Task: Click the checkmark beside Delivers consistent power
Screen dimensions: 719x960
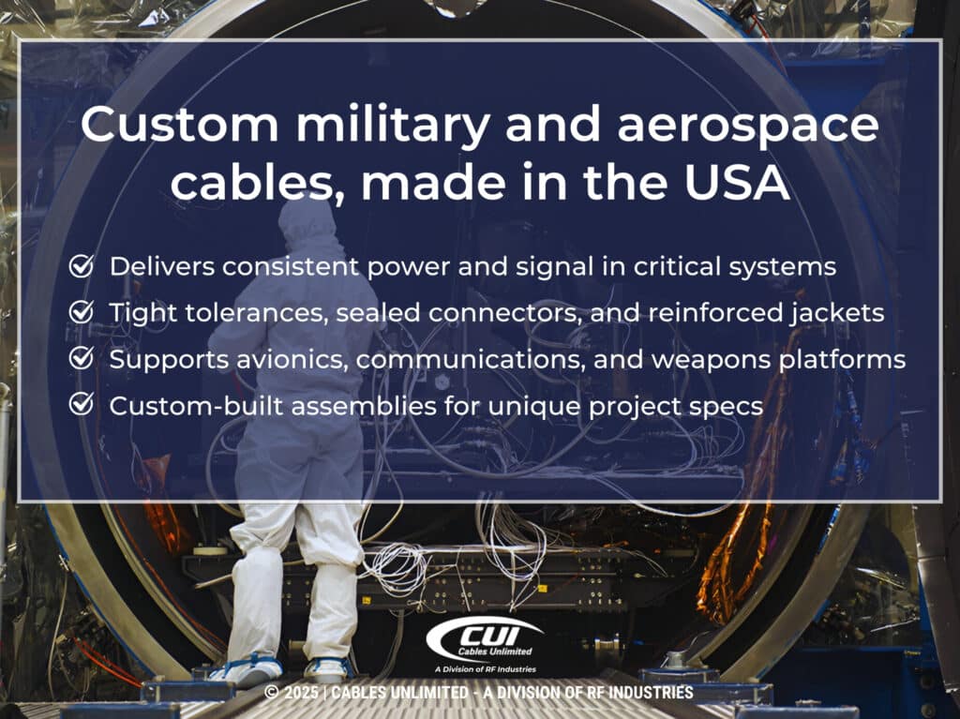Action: coord(82,266)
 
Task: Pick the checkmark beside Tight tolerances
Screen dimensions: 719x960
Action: coord(82,312)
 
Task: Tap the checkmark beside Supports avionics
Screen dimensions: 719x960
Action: coord(82,358)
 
